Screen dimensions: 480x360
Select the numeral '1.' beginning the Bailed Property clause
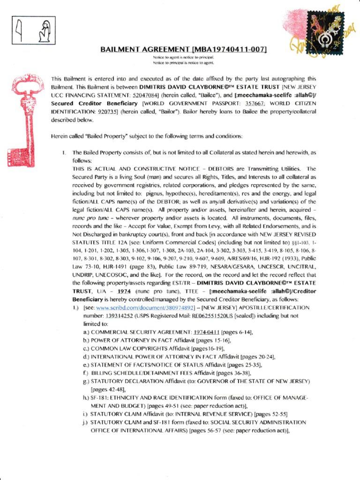63,153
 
